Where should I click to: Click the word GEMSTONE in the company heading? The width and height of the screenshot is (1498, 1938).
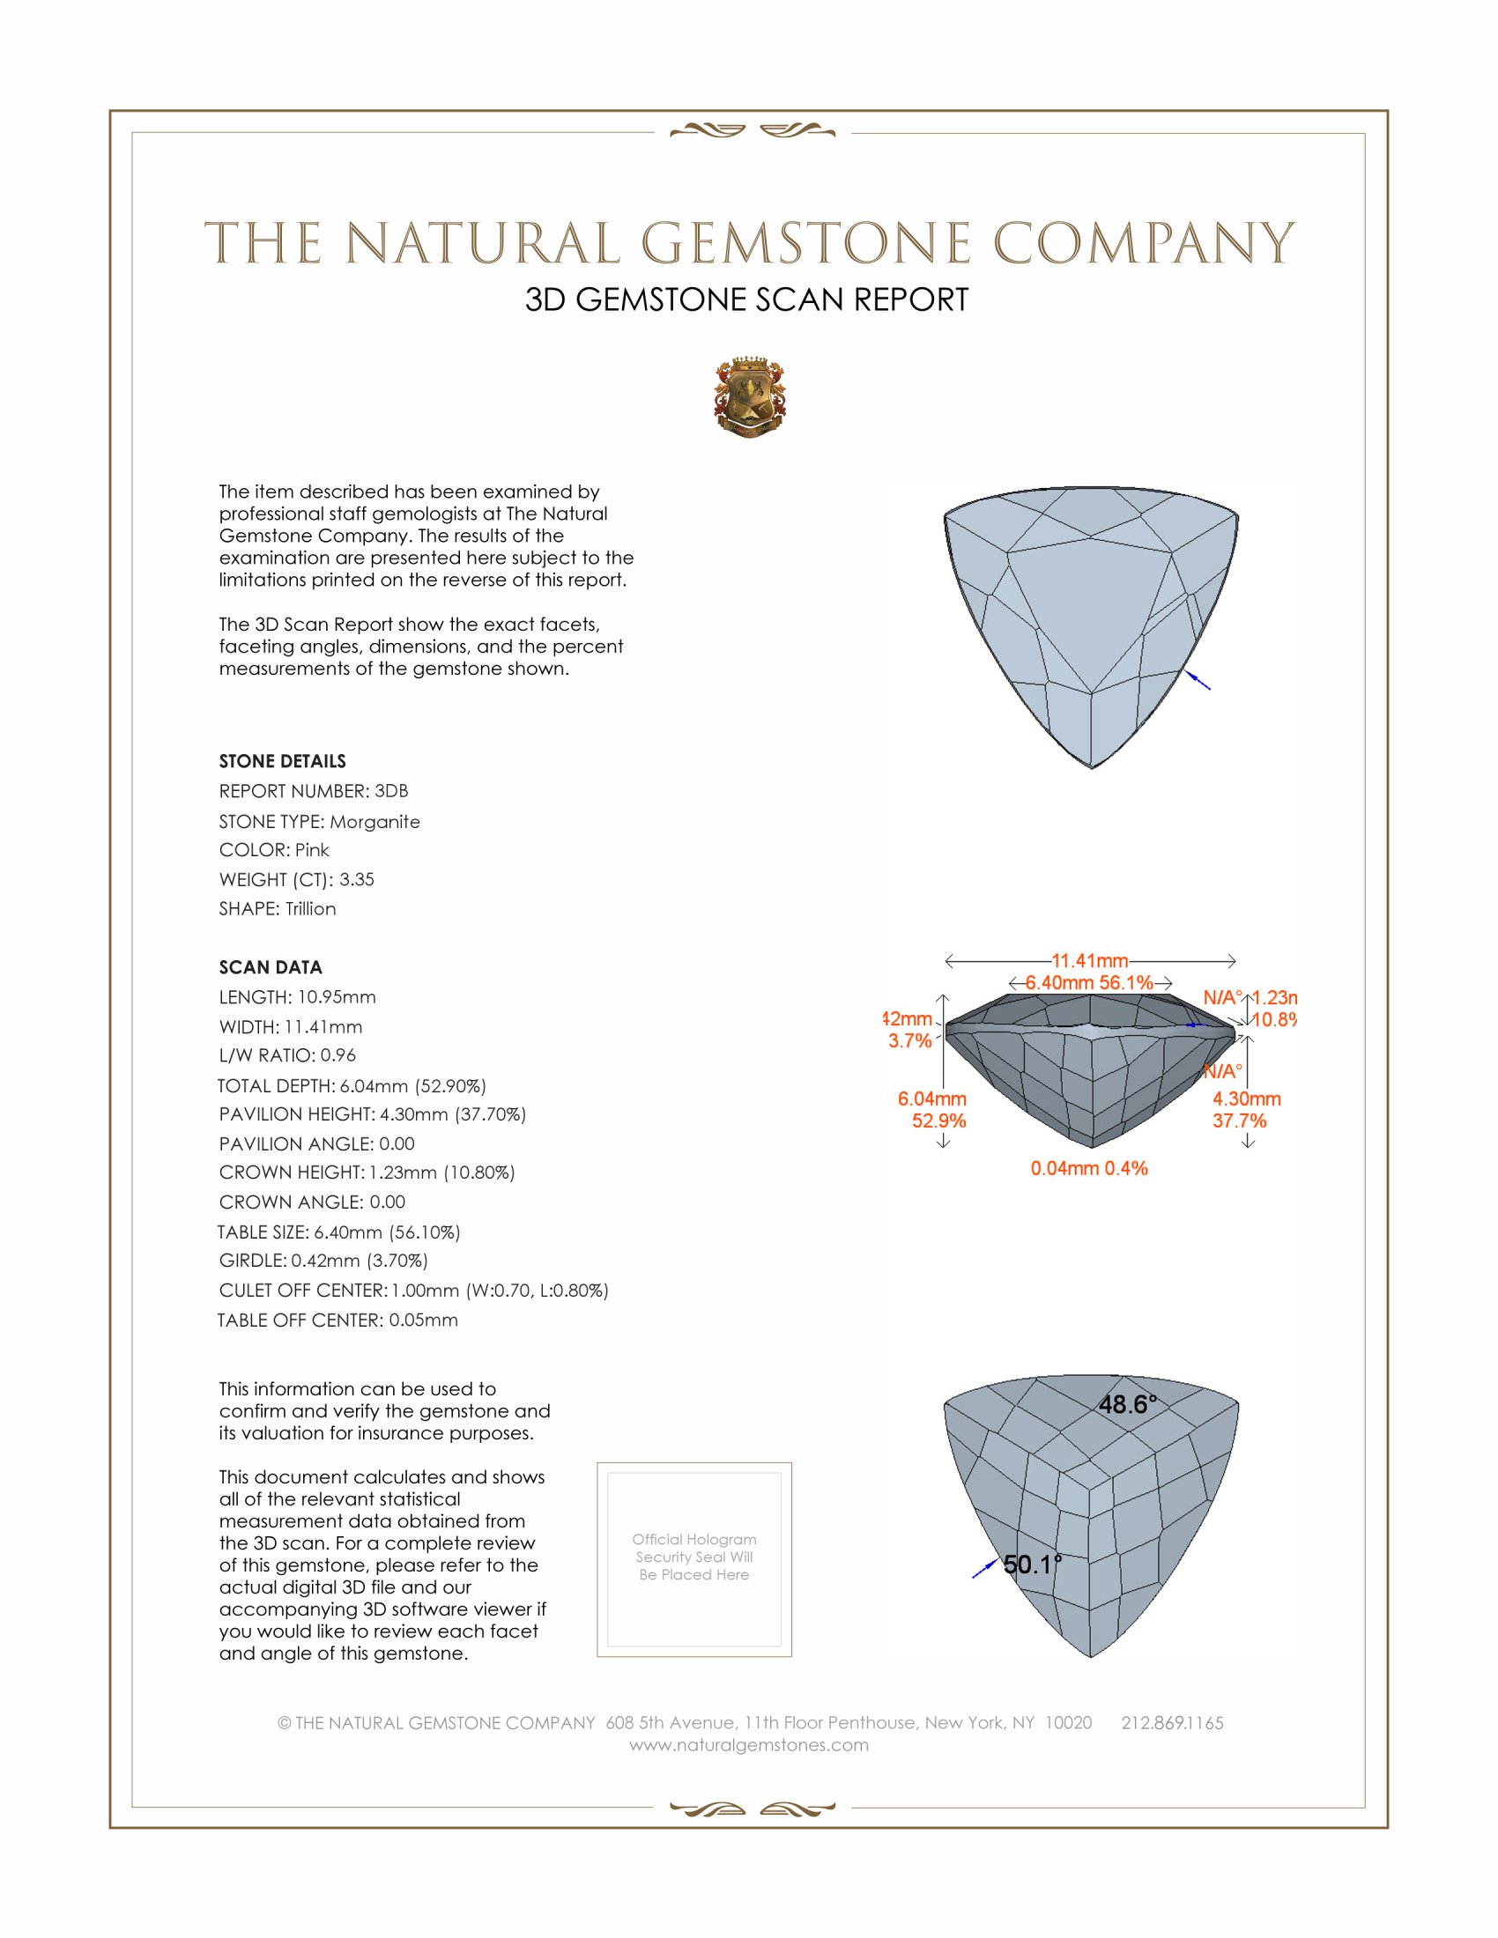805,243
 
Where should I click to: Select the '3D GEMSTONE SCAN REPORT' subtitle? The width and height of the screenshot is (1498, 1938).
746,300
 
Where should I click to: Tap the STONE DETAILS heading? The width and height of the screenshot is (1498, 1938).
282,761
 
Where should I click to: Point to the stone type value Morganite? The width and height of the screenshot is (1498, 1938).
374,822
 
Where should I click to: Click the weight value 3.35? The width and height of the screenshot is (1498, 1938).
357,879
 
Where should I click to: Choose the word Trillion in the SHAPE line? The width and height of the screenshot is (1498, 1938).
310,909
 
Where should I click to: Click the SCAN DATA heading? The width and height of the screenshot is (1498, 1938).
271,967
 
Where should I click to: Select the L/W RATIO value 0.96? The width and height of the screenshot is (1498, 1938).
338,1055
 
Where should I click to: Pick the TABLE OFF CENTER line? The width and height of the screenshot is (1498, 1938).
338,1320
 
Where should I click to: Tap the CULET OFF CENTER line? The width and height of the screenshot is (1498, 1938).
413,1291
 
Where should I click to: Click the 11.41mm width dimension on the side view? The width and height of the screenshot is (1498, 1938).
1090,960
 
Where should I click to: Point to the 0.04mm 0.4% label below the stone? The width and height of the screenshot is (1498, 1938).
1089,1168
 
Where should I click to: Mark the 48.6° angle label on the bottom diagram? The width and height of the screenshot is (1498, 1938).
1128,1404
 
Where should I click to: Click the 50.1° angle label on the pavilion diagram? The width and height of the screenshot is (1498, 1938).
1032,1564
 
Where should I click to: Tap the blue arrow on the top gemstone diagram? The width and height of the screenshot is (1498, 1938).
1199,681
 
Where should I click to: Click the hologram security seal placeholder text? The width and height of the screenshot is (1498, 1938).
694,1557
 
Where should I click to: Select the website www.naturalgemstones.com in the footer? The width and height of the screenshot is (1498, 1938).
749,1744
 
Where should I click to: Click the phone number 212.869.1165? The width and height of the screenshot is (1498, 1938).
1172,1722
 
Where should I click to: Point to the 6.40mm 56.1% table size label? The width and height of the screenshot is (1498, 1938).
1089,982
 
